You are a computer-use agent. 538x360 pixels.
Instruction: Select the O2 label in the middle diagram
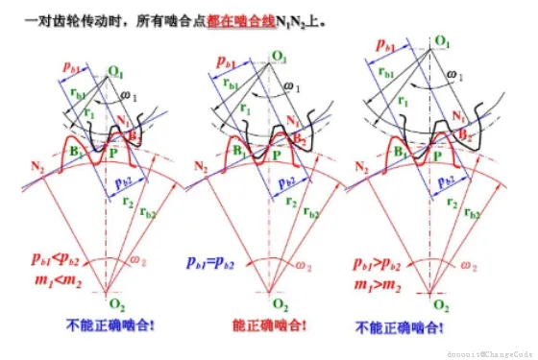pos(273,304)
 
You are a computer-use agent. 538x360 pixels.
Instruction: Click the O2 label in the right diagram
pos(440,304)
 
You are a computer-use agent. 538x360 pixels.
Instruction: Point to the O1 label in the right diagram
pos(442,41)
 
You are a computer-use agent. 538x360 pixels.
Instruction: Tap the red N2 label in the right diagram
pos(363,166)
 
